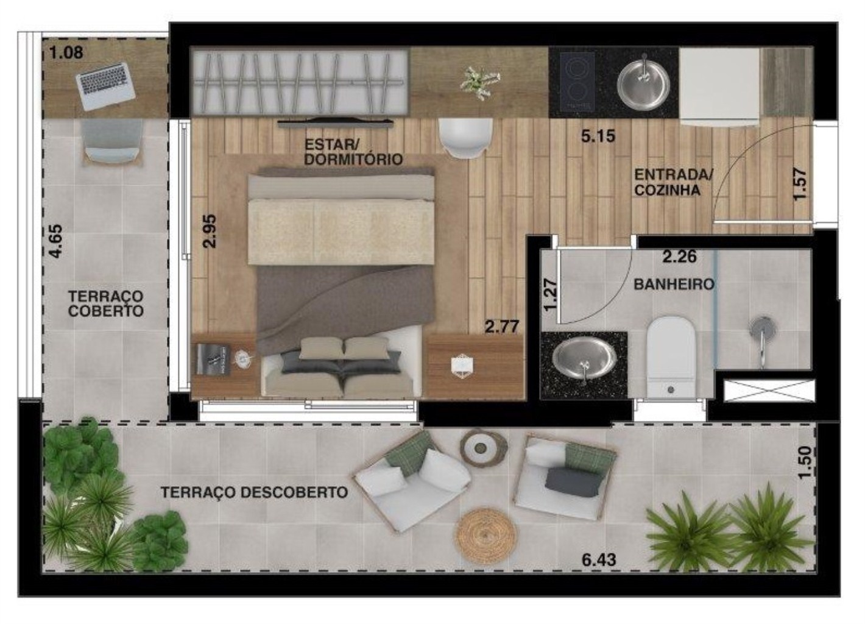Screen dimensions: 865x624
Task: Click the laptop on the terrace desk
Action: [105, 86]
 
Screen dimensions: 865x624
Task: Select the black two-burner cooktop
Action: [577, 81]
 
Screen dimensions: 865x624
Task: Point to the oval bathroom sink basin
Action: [584, 360]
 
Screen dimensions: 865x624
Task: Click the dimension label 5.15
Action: [598, 136]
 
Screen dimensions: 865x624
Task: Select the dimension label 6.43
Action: [599, 560]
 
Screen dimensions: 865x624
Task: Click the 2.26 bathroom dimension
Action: [680, 257]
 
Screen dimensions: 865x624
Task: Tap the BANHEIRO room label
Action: [674, 285]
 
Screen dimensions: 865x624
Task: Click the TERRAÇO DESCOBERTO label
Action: [254, 492]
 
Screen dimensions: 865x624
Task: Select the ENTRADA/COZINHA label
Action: [673, 182]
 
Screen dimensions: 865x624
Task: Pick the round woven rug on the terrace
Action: [486, 536]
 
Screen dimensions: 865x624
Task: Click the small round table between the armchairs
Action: [484, 447]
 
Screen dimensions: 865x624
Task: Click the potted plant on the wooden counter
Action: [479, 82]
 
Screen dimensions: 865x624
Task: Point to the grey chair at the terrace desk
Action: [112, 141]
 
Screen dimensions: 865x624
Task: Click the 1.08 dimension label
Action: [66, 52]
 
